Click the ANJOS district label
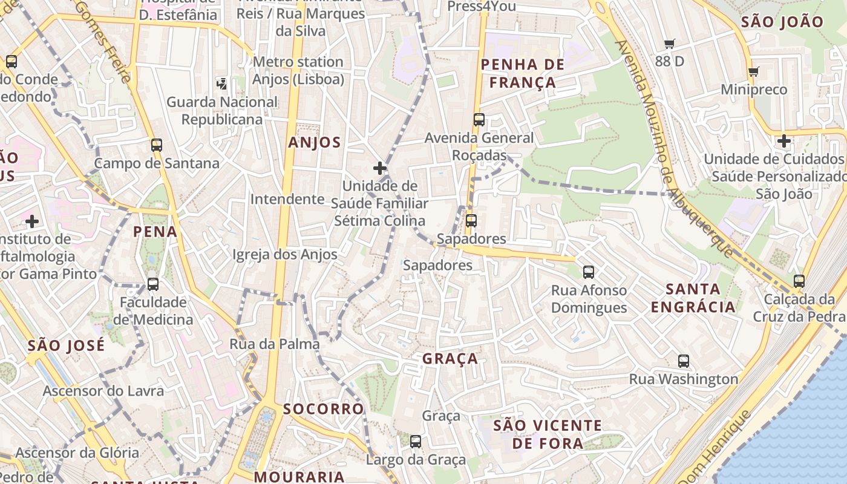(x=315, y=143)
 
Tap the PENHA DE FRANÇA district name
(x=522, y=73)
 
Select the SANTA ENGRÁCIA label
(x=693, y=298)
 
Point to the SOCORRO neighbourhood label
(x=324, y=409)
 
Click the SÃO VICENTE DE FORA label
(x=548, y=434)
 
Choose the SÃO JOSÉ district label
(x=66, y=345)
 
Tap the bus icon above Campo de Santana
(x=157, y=145)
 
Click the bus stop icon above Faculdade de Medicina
(x=153, y=284)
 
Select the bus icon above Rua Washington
(x=684, y=361)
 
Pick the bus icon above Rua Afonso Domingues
(x=589, y=272)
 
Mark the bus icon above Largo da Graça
(x=416, y=442)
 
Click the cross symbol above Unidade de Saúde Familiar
(x=380, y=168)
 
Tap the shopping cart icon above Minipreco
(x=754, y=72)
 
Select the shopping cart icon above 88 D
(x=670, y=44)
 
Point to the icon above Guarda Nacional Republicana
(x=222, y=83)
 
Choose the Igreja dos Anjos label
(x=285, y=255)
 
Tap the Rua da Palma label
(x=275, y=344)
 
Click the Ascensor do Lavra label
(x=103, y=391)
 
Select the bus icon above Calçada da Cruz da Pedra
(x=799, y=281)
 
